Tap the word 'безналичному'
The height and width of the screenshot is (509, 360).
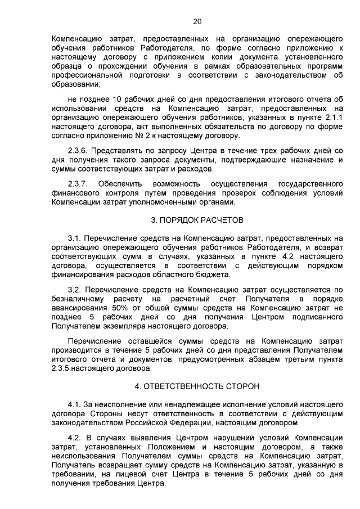coord(78,299)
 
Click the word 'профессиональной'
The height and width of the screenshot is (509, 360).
coord(87,75)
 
